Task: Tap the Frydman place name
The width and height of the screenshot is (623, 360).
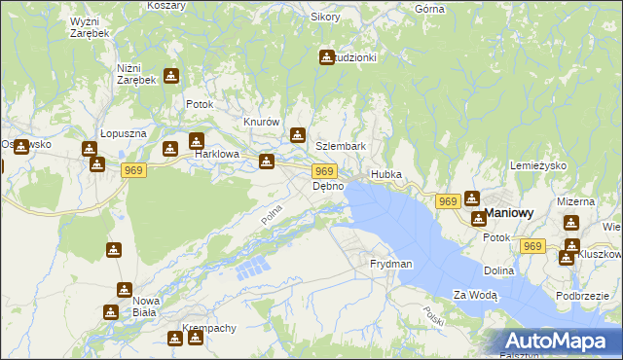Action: click(x=391, y=264)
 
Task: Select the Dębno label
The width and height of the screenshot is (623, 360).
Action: click(x=328, y=186)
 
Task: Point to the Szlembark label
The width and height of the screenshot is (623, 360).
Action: click(x=341, y=146)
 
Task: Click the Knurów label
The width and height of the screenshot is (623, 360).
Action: click(x=262, y=122)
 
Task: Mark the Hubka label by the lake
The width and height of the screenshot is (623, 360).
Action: click(x=385, y=175)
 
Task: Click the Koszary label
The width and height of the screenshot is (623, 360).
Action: click(x=166, y=5)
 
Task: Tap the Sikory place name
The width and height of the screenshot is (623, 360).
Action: click(x=325, y=17)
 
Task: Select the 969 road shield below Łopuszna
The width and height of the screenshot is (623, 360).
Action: click(x=135, y=170)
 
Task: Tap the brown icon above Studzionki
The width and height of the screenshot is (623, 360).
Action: click(x=326, y=57)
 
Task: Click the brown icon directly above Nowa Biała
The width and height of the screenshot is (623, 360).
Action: click(x=124, y=289)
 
